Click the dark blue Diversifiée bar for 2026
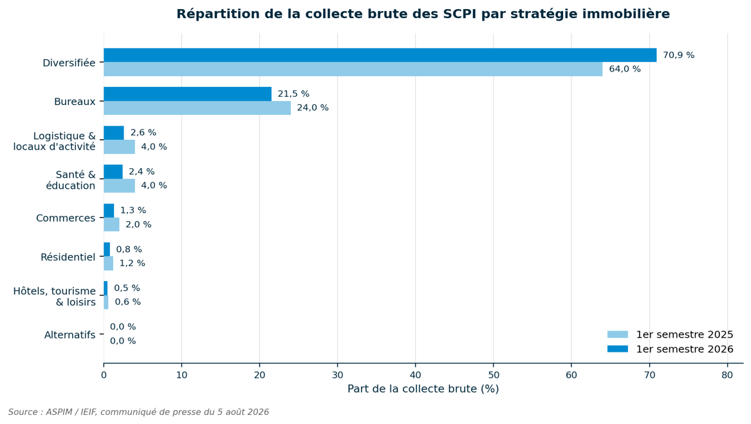tap(380, 55)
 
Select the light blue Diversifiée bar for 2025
tap(353, 69)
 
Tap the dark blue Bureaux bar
tap(188, 94)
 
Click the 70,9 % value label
tap(678, 55)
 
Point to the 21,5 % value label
tap(293, 94)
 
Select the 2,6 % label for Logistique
tap(144, 133)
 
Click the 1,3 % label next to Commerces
tap(133, 211)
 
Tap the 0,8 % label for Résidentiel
tap(129, 249)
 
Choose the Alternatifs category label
tap(70, 335)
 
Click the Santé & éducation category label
tap(71, 180)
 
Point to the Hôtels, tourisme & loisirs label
tap(55, 296)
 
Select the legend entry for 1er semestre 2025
tap(670, 335)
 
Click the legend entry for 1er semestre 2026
tap(670, 349)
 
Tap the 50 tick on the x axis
tap(494, 375)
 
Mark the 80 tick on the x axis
tap(727, 375)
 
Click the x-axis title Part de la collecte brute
tap(423, 389)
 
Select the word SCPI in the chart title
tap(460, 14)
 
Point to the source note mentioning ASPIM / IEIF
tap(138, 412)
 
